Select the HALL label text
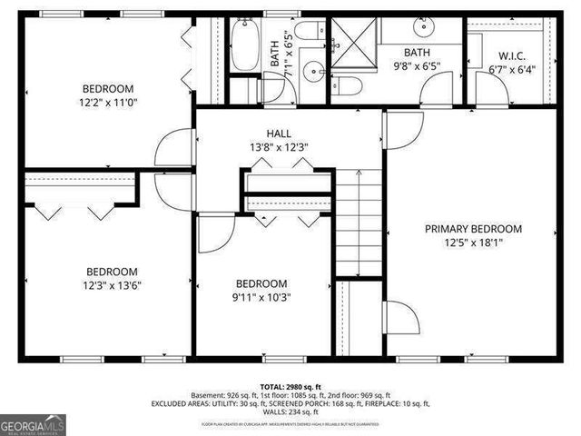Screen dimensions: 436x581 279,133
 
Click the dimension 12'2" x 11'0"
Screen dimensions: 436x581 108,103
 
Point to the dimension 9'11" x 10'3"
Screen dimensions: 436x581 261,297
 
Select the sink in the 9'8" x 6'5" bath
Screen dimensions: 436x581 424,25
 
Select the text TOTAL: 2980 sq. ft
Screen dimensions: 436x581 290,386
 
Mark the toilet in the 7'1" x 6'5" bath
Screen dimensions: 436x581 309,30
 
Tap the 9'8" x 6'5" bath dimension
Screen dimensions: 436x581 423,66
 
